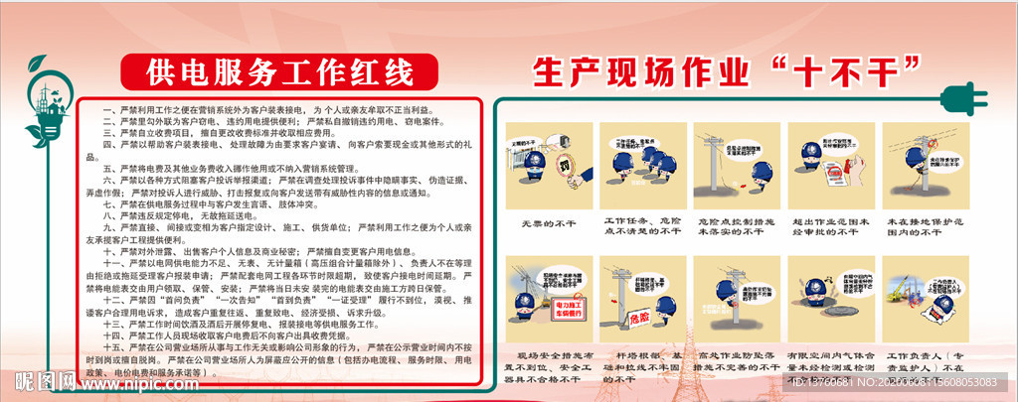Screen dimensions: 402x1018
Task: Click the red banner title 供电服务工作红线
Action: point(264,72)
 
